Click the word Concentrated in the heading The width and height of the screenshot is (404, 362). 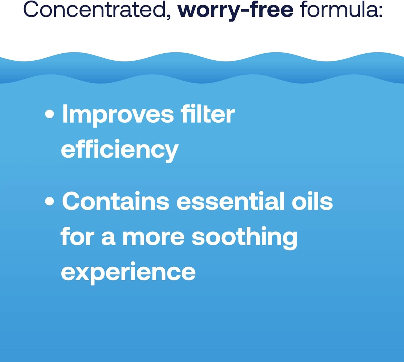(x=95, y=9)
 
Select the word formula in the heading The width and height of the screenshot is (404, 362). (x=338, y=9)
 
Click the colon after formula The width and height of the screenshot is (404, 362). (x=380, y=12)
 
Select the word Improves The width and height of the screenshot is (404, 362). (x=118, y=116)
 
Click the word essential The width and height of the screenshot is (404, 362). (x=230, y=201)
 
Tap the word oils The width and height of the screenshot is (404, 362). (x=312, y=201)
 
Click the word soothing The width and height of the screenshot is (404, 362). (x=245, y=238)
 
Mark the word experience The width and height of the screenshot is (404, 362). (x=128, y=273)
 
